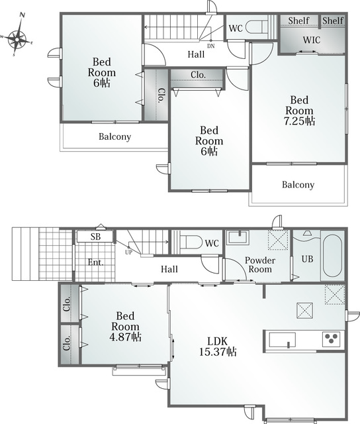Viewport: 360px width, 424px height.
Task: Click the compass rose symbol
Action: tap(17, 40)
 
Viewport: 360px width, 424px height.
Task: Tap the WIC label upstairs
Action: tap(312, 40)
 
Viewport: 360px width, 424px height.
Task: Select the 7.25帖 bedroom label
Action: tap(299, 111)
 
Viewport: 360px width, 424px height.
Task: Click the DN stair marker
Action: tap(211, 46)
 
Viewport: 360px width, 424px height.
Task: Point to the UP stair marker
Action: tap(128, 252)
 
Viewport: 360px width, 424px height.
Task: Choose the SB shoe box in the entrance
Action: tap(95, 237)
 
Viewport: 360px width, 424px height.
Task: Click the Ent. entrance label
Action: tap(96, 262)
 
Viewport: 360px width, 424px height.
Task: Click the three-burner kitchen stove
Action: tap(331, 339)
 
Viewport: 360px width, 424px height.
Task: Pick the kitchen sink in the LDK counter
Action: tap(282, 340)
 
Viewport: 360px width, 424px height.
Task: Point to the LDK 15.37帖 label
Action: tap(218, 346)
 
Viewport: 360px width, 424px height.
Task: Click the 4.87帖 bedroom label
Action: tap(125, 326)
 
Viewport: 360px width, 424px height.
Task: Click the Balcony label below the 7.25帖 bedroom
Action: tap(298, 185)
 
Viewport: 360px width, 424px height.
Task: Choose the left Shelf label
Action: tap(298, 21)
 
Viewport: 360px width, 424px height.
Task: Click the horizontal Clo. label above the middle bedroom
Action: tap(199, 75)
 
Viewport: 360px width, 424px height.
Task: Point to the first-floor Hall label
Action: tap(169, 269)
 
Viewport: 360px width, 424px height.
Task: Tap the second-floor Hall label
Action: tap(196, 54)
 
